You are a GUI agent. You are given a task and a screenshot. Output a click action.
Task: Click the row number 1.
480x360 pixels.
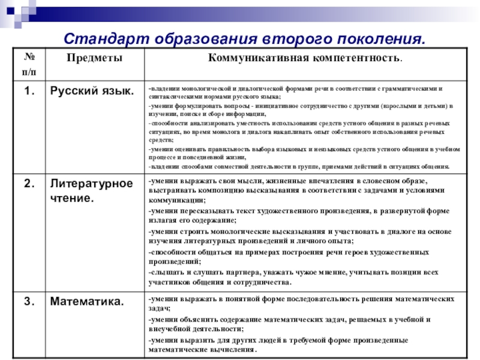pyautogui.click(x=29, y=91)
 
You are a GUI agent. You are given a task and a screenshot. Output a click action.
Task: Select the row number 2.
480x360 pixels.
pyautogui.click(x=29, y=183)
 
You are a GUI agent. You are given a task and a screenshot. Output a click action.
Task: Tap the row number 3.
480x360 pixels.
pyautogui.click(x=29, y=301)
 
